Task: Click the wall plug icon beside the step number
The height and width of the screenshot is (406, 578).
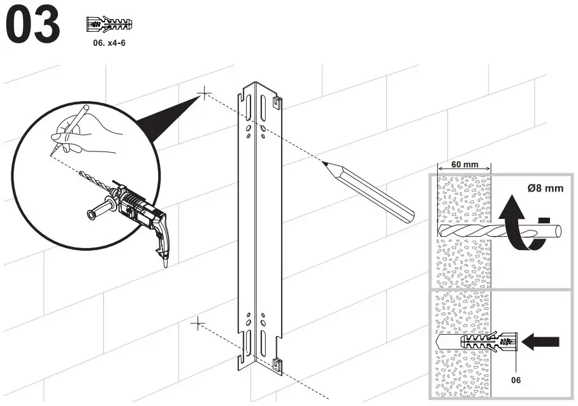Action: coord(108,25)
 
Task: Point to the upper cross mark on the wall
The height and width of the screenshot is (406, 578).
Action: coord(203,94)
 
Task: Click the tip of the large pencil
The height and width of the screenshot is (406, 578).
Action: coord(326,164)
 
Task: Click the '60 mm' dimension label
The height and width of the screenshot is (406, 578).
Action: coord(465,165)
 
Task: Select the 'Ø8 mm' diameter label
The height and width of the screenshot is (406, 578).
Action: coord(545,188)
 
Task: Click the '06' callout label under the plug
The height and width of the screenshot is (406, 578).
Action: coord(516,380)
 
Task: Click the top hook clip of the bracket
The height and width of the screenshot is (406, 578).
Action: coord(276,101)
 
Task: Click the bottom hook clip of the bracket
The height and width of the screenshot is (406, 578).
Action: coord(277,365)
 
